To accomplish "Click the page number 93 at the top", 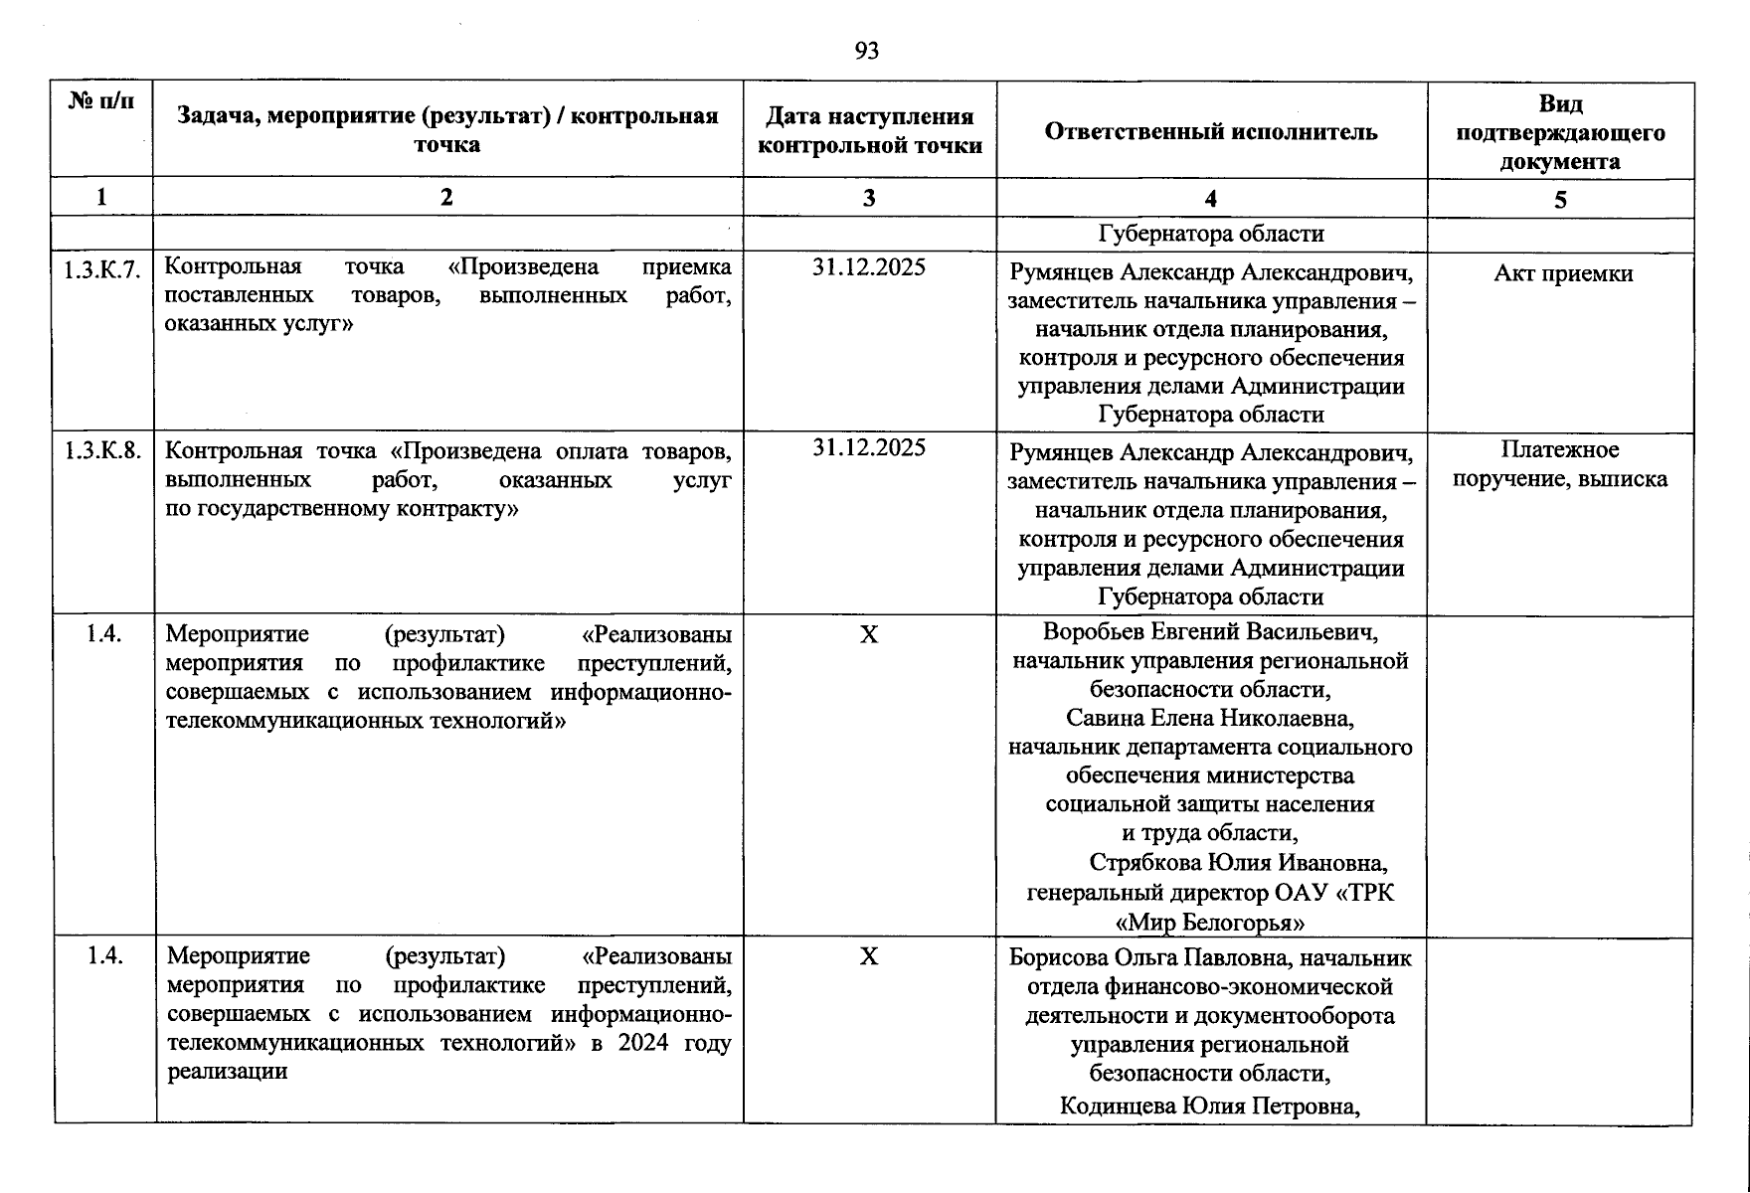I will (x=866, y=51).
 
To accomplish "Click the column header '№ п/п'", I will (x=101, y=100).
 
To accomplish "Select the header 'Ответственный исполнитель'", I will (x=1210, y=131).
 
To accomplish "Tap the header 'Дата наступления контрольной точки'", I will (x=869, y=131).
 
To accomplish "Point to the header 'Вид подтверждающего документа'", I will (x=1559, y=132).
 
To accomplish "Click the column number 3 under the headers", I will (x=869, y=198).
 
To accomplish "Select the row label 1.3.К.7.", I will (x=102, y=268).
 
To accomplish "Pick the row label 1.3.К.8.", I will (x=102, y=450).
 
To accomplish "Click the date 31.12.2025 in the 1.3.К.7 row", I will (x=869, y=266).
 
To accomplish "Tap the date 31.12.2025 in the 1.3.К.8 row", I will (x=869, y=447).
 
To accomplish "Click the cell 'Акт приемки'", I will (x=1562, y=273).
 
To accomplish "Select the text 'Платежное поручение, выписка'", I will (x=1559, y=464).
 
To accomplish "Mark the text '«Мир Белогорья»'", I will (x=1210, y=922).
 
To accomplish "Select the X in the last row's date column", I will (x=869, y=956).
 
